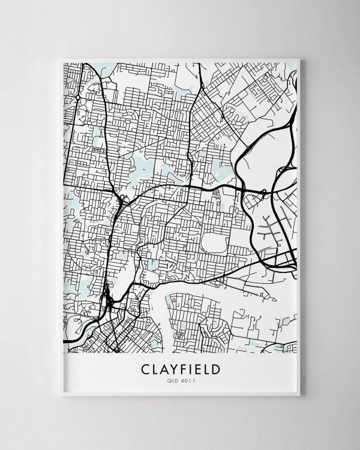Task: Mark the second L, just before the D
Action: (x=206, y=368)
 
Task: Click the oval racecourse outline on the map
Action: (x=212, y=242)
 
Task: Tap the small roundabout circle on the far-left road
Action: (x=78, y=97)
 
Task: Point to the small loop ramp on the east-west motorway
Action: (x=263, y=191)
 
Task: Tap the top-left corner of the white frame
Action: (x=62, y=59)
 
